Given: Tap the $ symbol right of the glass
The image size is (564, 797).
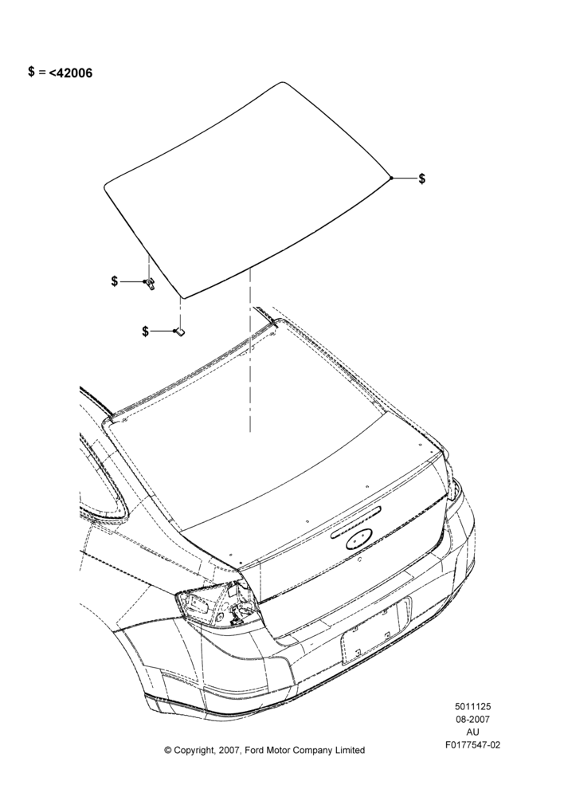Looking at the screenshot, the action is tap(421, 179).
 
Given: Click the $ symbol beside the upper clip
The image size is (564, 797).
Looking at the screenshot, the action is tap(115, 281).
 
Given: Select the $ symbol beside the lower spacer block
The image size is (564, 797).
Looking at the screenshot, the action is tap(146, 332).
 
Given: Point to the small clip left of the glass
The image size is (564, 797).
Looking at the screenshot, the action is tap(150, 284).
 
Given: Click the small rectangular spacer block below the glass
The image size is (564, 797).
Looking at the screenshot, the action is tap(180, 332).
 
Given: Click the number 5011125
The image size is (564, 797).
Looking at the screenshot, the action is tap(472, 706).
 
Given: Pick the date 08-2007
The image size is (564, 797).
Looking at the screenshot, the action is tap(472, 719).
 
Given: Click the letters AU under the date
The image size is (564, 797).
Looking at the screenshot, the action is tap(472, 732).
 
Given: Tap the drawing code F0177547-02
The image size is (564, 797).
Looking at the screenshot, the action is tap(472, 745).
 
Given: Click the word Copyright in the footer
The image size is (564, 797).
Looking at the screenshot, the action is tap(194, 750).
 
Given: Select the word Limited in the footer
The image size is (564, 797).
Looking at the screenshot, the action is tap(350, 750).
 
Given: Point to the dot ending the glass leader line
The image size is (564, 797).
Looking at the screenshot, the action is tap(391, 178).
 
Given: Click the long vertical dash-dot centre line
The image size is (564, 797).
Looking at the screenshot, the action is tap(250, 351).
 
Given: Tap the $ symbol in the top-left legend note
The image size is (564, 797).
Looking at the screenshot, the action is tap(32, 72).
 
